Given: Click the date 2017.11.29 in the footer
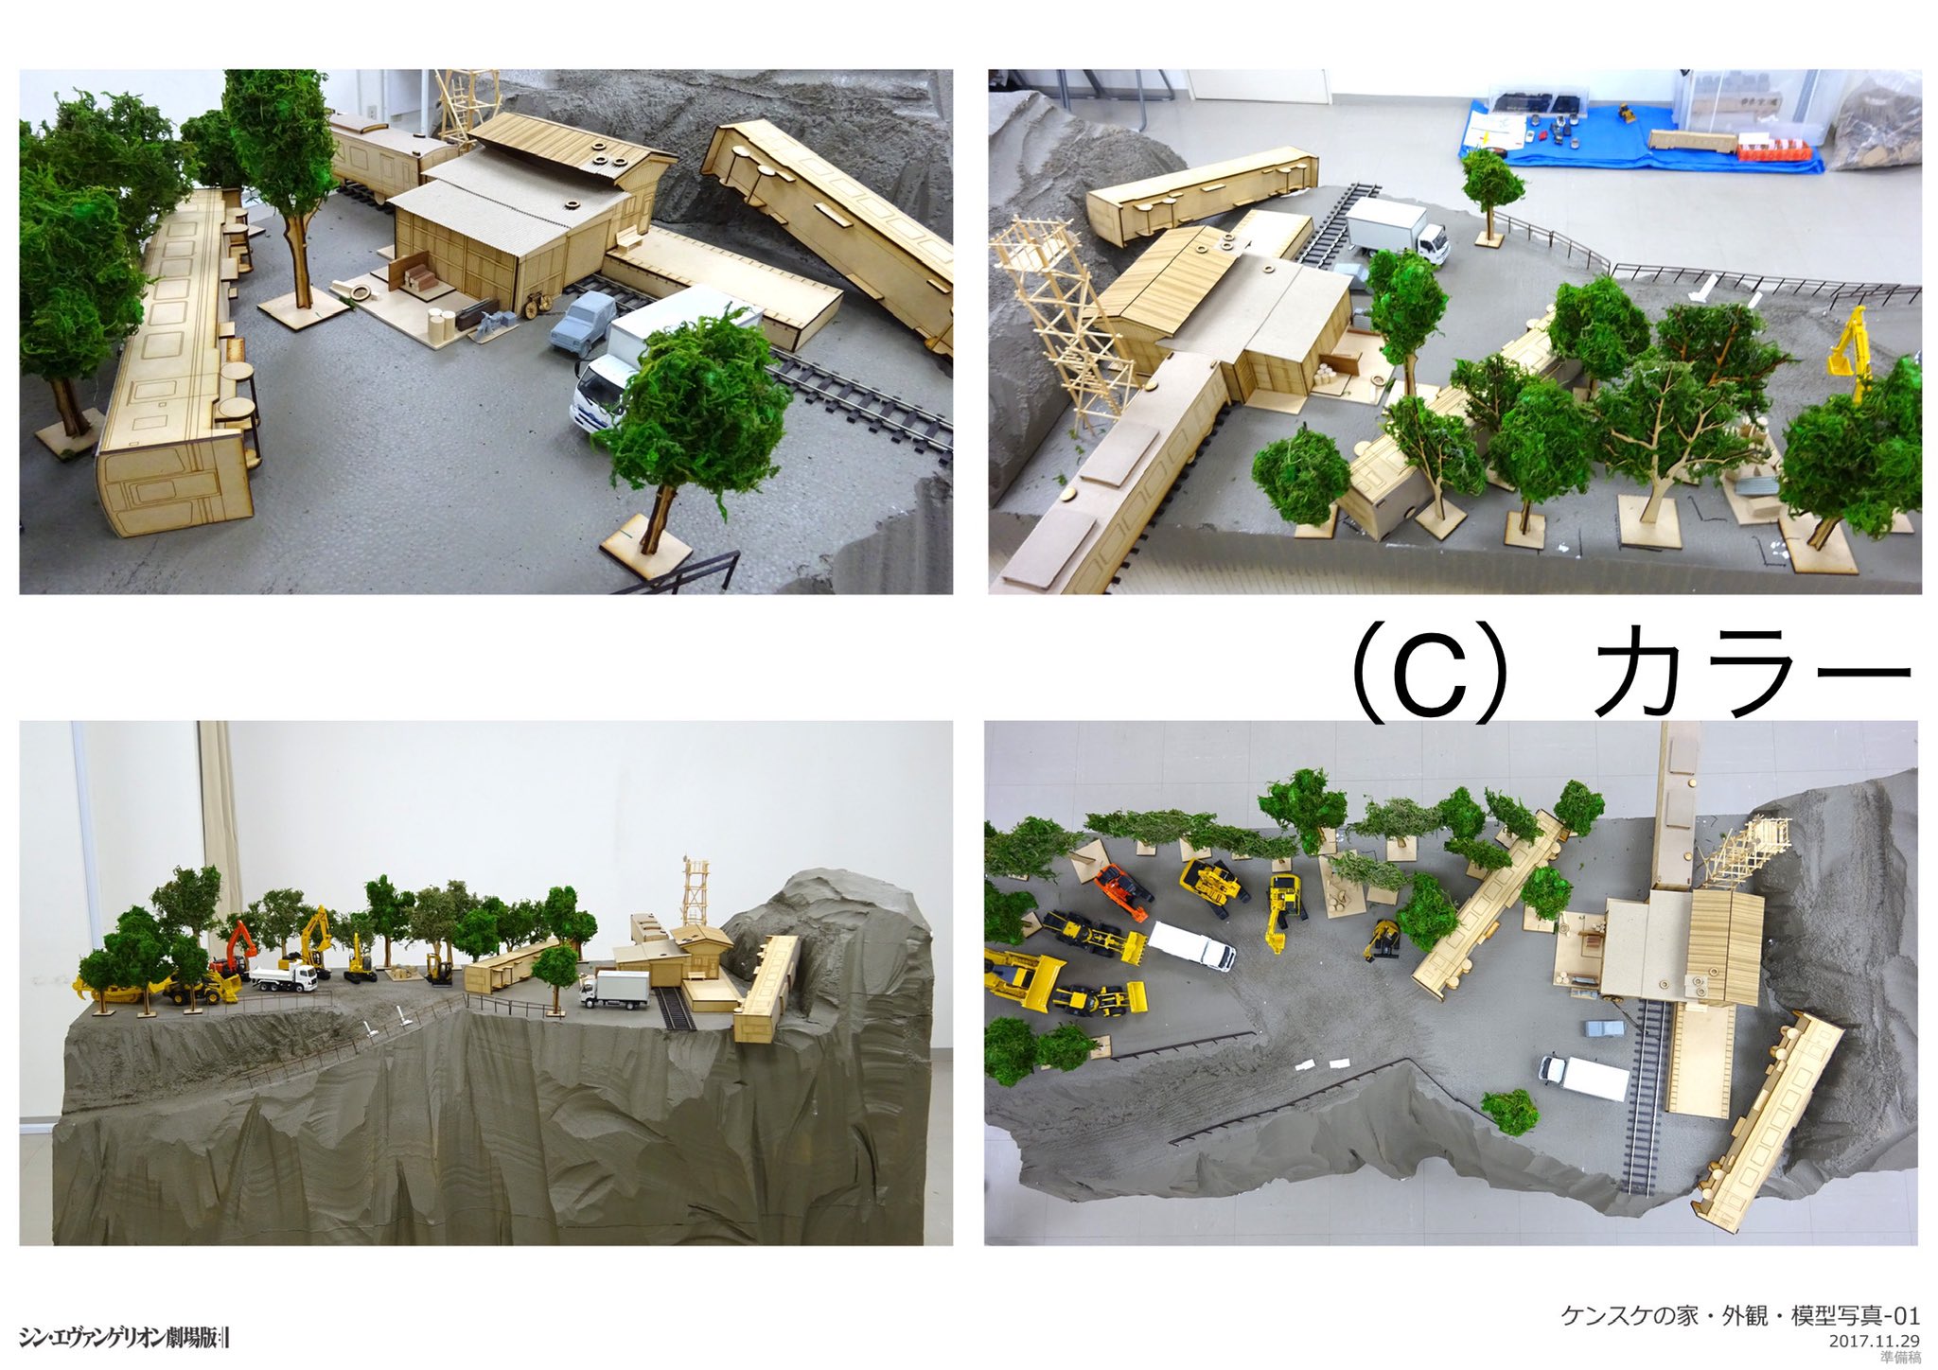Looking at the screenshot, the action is [1874, 1341].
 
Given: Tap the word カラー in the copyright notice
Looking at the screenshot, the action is [1752, 674].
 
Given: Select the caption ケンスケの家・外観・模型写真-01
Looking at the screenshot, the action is [1740, 1315].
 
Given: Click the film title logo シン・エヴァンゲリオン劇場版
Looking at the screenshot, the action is [124, 1337].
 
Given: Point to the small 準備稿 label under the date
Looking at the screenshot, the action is [1900, 1358].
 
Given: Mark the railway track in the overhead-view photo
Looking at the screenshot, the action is [1647, 1098].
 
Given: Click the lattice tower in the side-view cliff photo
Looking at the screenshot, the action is [696, 892].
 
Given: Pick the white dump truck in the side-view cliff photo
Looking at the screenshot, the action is [284, 975].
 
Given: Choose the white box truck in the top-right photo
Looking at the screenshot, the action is [1397, 230].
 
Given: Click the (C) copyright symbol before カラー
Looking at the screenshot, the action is [1429, 675].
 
